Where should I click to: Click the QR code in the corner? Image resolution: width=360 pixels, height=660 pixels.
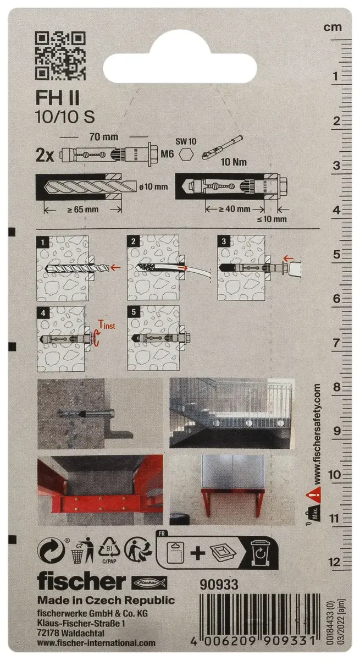click(x=60, y=56)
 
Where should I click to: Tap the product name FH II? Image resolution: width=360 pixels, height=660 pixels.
click(x=58, y=98)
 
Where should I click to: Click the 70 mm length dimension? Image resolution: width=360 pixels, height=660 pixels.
click(x=104, y=137)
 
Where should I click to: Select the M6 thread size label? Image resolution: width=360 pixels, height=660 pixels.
click(x=167, y=153)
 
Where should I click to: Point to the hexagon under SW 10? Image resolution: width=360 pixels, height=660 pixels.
click(x=186, y=154)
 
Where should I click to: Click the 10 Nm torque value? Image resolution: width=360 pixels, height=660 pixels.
click(x=234, y=162)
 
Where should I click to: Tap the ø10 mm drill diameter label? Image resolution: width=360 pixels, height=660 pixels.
click(x=153, y=187)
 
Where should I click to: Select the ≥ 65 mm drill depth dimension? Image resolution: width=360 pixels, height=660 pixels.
click(x=82, y=210)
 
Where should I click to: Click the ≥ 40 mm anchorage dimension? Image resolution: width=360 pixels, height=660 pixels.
click(x=235, y=208)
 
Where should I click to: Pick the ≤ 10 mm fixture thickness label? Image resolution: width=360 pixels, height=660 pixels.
click(x=272, y=219)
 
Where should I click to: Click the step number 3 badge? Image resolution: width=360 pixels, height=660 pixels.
click(x=224, y=241)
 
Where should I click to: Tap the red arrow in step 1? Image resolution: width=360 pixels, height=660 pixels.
click(x=116, y=267)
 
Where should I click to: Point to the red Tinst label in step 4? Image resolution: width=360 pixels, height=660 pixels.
click(x=107, y=324)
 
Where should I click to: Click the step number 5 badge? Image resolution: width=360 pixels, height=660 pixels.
click(x=134, y=311)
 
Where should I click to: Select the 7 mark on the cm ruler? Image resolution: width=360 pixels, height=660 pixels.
click(x=336, y=343)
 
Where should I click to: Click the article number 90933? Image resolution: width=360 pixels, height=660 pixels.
click(x=219, y=584)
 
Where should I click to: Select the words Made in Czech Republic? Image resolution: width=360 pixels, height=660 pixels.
click(x=106, y=600)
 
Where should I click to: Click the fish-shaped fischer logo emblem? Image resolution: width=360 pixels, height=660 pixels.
click(x=149, y=582)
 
